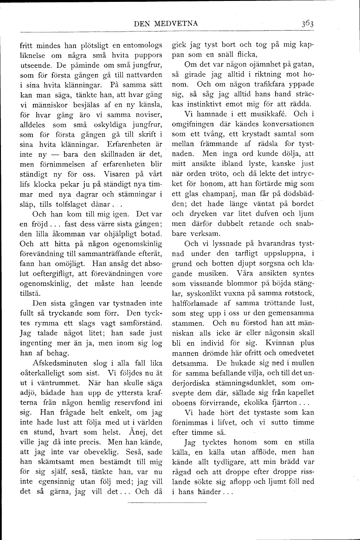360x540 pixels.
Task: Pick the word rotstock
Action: (300, 293)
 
